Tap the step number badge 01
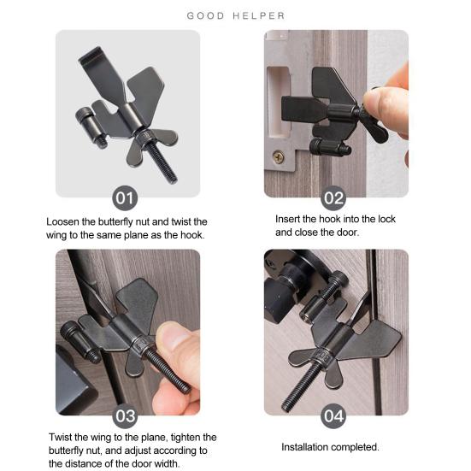(x=126, y=198)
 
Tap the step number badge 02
(x=333, y=198)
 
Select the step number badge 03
(x=126, y=417)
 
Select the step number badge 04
(x=333, y=417)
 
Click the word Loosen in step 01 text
(x=67, y=221)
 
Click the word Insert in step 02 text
(x=289, y=219)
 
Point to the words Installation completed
(x=330, y=447)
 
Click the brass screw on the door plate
(x=279, y=156)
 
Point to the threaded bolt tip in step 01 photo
(x=171, y=176)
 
